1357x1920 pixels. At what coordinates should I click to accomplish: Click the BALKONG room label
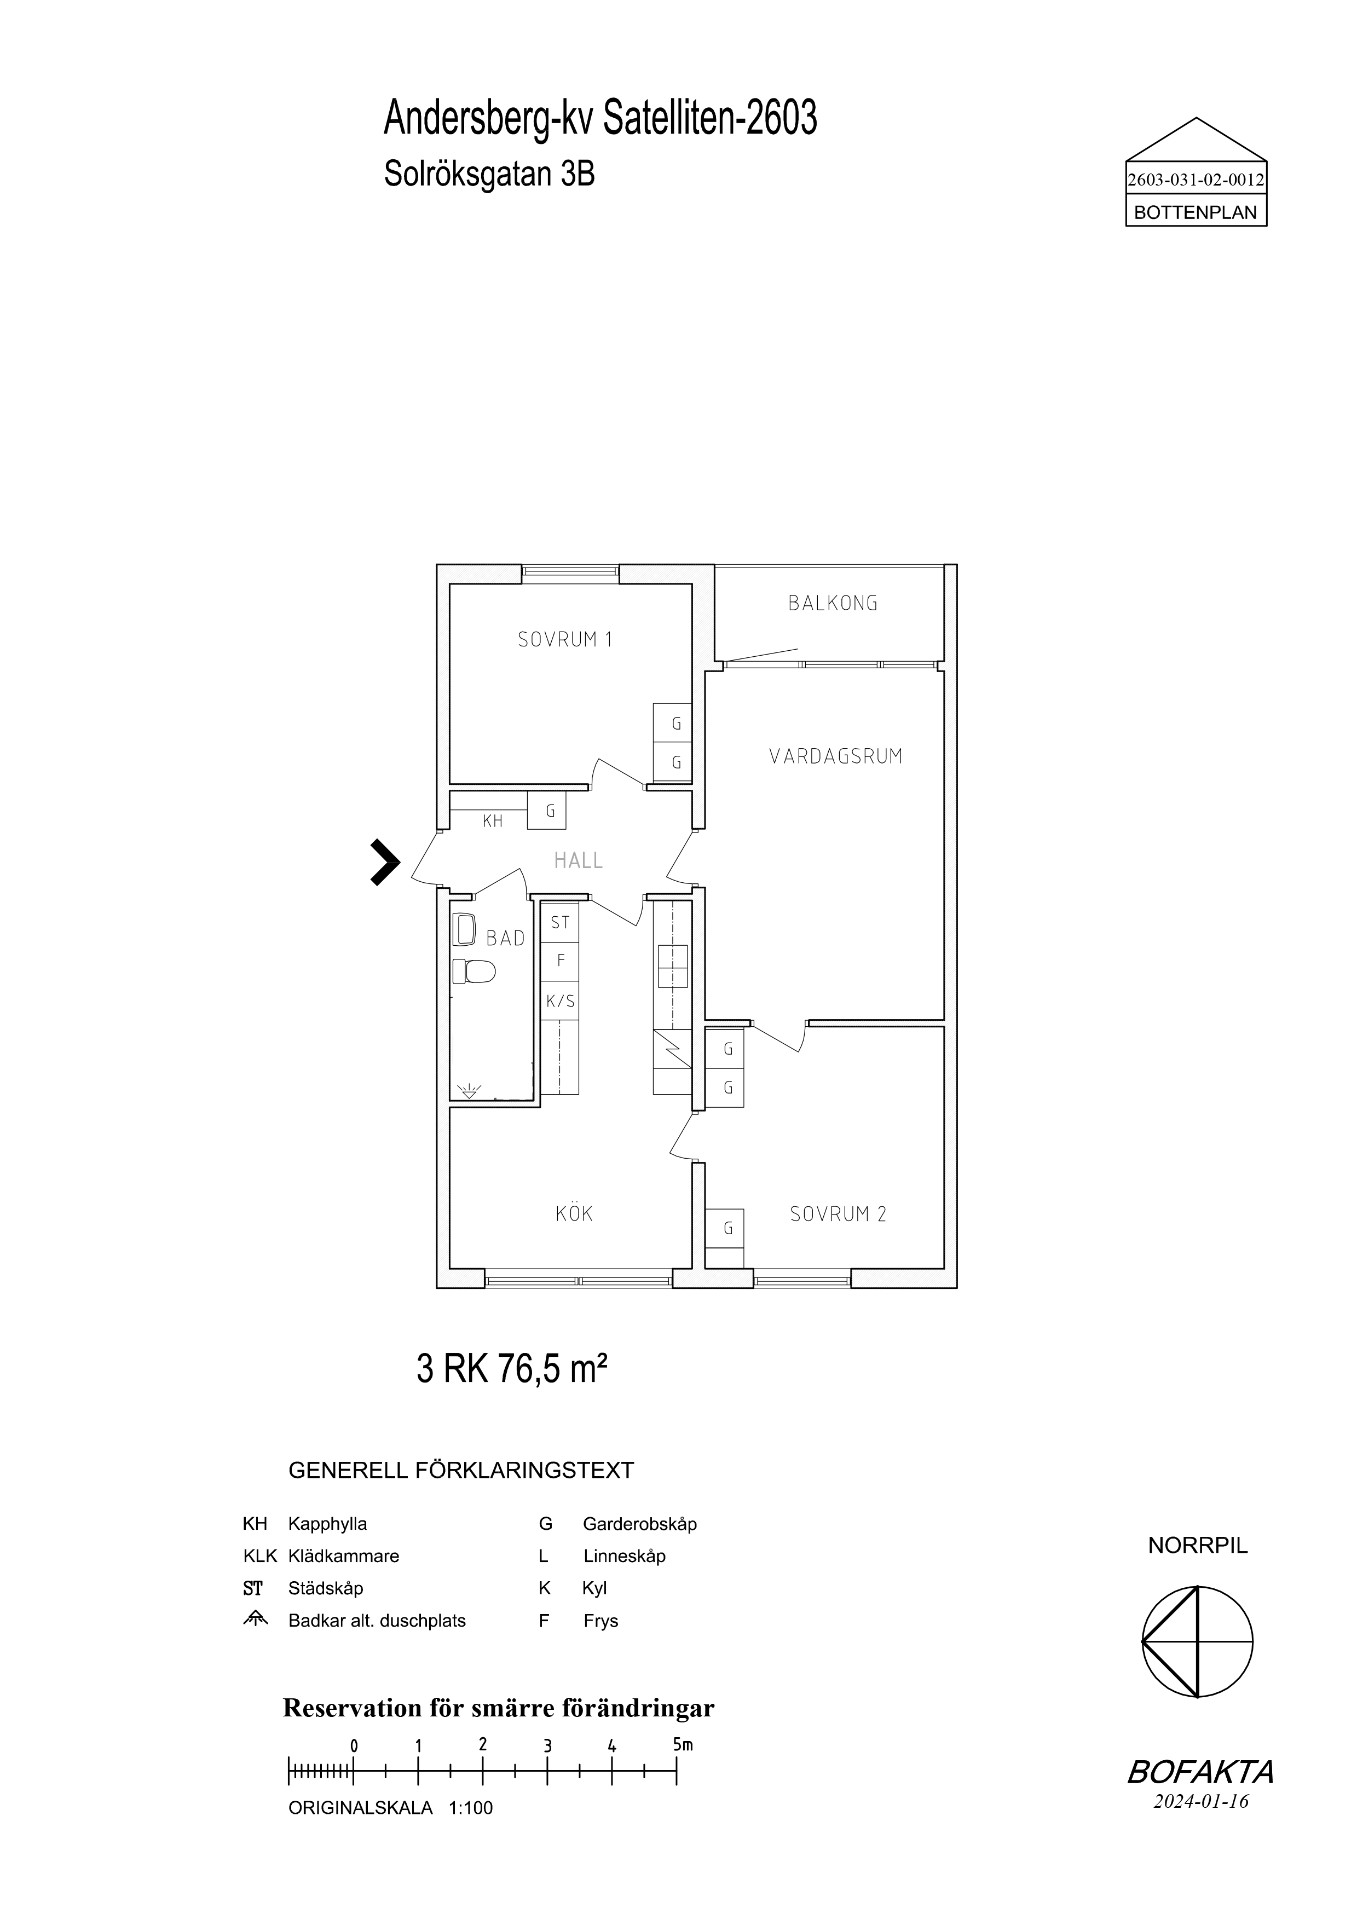click(833, 603)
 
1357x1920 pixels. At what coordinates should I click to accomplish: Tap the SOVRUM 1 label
click(565, 640)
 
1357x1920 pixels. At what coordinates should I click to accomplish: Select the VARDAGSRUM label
click(836, 757)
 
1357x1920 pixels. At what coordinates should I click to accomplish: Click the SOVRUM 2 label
click(838, 1214)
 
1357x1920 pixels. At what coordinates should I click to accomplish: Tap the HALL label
click(579, 860)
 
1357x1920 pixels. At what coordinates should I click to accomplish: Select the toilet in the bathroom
click(474, 971)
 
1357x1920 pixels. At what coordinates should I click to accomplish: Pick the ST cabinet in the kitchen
click(559, 922)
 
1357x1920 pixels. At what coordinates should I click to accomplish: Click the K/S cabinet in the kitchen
click(559, 1001)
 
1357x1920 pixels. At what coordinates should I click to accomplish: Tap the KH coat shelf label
click(493, 821)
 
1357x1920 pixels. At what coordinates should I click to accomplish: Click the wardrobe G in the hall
click(547, 811)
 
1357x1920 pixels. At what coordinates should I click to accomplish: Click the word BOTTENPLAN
click(1196, 212)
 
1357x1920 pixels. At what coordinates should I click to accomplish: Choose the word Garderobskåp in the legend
click(639, 1524)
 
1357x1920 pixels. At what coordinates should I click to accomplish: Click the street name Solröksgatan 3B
click(489, 175)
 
